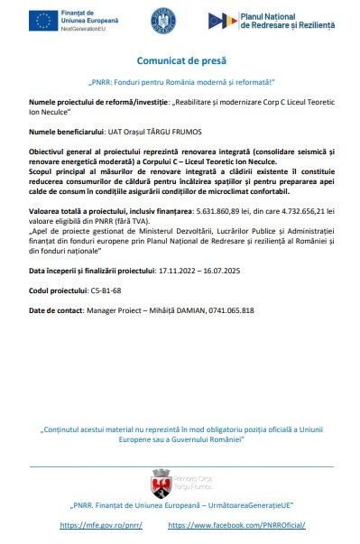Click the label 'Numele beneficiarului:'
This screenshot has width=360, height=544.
66,132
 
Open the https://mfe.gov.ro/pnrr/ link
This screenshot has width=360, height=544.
101,524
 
